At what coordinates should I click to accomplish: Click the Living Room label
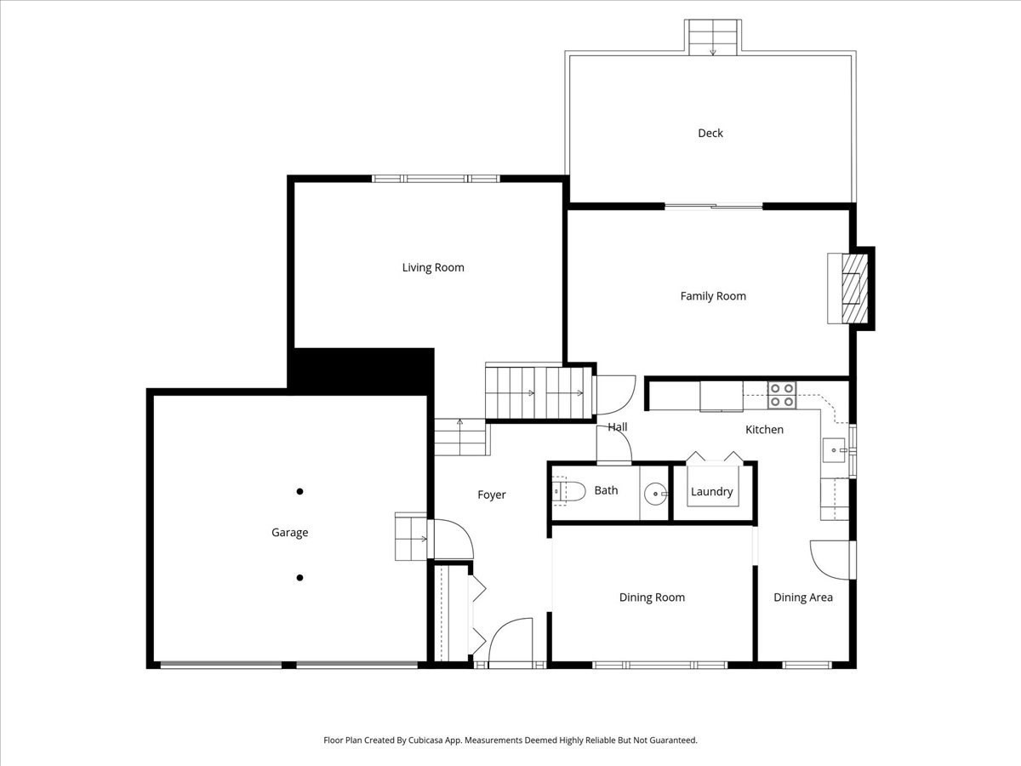433,267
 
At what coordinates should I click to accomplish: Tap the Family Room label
713,296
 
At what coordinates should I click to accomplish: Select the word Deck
710,133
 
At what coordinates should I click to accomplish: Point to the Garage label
289,533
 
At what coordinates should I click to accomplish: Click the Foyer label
491,494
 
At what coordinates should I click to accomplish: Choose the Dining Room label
652,597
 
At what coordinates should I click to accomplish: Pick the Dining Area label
802,597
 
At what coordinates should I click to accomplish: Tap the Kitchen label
764,430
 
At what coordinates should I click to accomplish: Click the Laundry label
711,492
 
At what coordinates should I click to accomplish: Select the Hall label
618,427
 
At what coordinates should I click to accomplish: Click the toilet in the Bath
568,491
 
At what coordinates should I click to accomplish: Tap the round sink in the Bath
655,493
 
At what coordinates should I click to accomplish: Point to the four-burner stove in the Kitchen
782,395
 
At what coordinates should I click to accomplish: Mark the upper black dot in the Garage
299,491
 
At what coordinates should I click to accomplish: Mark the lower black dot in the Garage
299,578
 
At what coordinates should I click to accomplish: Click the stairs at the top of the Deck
713,37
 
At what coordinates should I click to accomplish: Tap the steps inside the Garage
411,537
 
